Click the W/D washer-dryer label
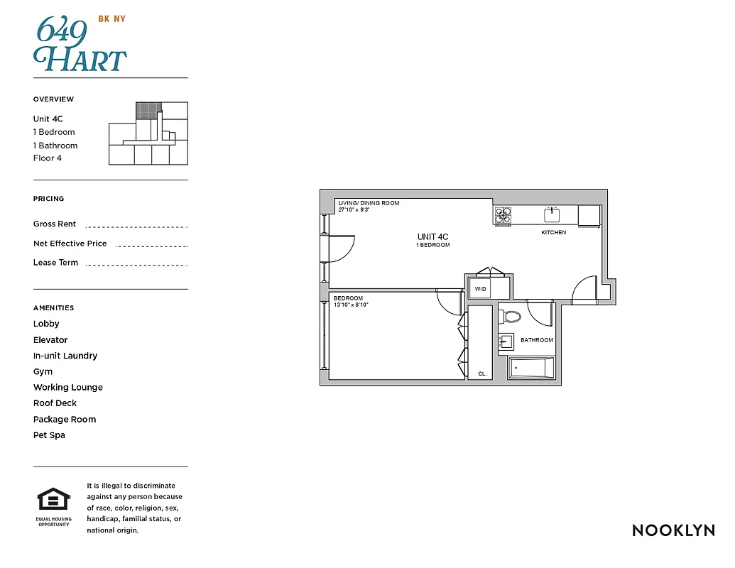tap(480, 289)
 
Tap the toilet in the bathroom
tap(512, 316)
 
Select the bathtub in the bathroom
tap(531, 368)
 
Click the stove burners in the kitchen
tap(503, 214)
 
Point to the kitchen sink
tap(552, 214)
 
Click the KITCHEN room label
tap(554, 233)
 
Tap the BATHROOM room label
tap(537, 340)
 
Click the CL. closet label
tap(482, 373)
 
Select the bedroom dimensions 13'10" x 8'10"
tap(352, 305)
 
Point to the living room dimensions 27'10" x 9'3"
tap(359, 210)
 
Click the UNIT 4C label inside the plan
tap(432, 237)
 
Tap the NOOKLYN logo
tap(673, 530)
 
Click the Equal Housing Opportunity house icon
tap(54, 500)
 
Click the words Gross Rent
tap(55, 224)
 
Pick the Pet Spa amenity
tap(49, 435)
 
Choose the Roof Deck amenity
tap(55, 403)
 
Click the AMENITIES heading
tap(53, 308)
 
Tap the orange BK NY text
tap(111, 18)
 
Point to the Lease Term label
tap(55, 263)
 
